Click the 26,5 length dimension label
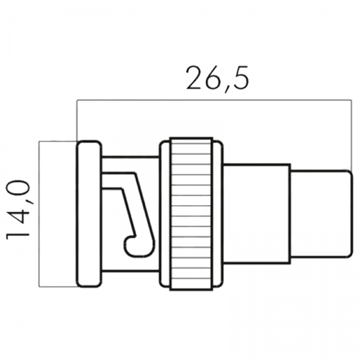coord(217,78)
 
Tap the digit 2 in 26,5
coord(194,77)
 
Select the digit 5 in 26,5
coord(241,77)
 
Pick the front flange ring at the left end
coord(89,214)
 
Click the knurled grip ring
coord(191,214)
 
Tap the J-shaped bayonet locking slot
coord(138,214)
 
